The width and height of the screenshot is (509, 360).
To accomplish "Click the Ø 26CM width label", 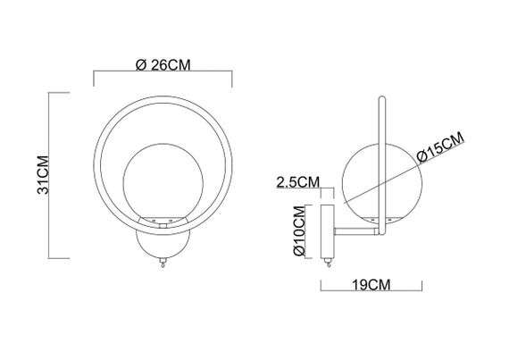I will tap(163, 64).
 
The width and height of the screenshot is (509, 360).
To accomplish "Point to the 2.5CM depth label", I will tap(298, 182).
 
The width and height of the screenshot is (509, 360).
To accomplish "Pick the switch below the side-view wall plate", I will tap(326, 261).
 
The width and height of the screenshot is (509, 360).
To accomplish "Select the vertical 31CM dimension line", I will tap(69, 175).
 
